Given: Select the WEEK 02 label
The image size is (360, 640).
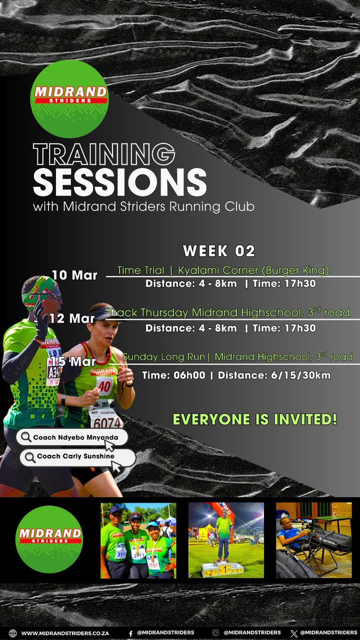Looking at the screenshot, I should (219, 251).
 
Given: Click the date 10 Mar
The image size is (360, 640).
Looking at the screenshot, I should (74, 275).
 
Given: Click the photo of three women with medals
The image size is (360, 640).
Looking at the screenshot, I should (138, 540).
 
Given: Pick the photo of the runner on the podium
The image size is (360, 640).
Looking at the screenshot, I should (226, 540).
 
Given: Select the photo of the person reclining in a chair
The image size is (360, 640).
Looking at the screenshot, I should (314, 540).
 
